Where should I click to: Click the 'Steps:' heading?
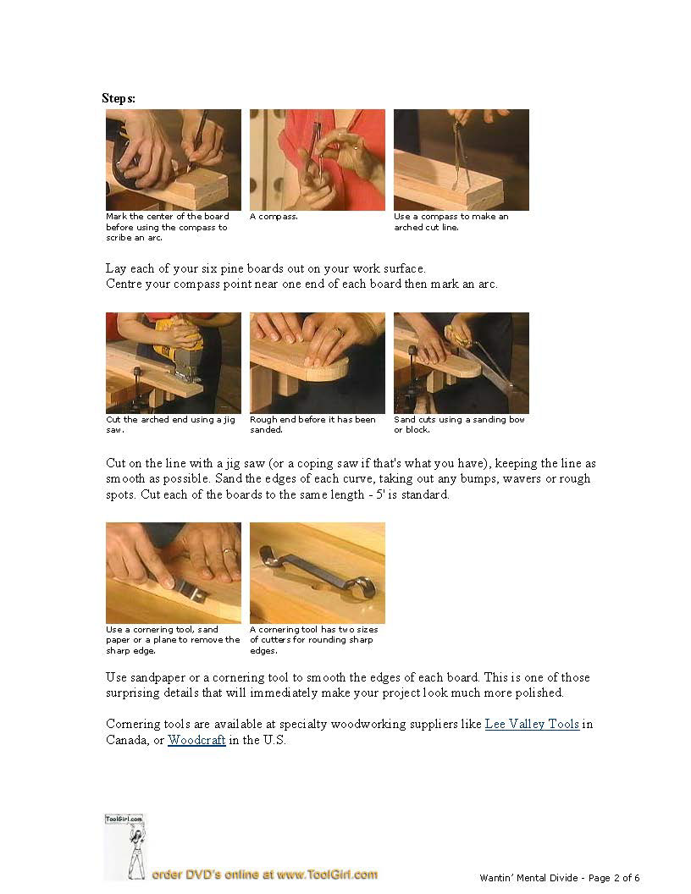coord(119,99)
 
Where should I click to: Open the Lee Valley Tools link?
coord(532,724)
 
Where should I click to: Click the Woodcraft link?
coord(196,740)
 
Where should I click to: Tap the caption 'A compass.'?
coord(274,217)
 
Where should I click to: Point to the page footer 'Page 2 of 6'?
coord(614,878)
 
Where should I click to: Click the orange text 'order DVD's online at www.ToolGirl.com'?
coord(264,875)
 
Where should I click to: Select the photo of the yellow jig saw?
coord(174,363)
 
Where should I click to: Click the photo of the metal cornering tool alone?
coord(318,573)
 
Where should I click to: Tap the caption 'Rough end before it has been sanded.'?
coord(313,425)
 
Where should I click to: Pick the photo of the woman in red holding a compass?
coord(318,160)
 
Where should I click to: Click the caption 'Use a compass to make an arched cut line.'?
coord(451,222)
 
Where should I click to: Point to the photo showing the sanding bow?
coord(462,363)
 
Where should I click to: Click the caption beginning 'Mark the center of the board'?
coord(168,227)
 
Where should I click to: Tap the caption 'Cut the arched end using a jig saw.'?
coord(170,425)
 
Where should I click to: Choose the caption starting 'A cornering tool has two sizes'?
coord(314,640)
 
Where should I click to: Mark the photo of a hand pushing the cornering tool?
coord(174,573)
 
